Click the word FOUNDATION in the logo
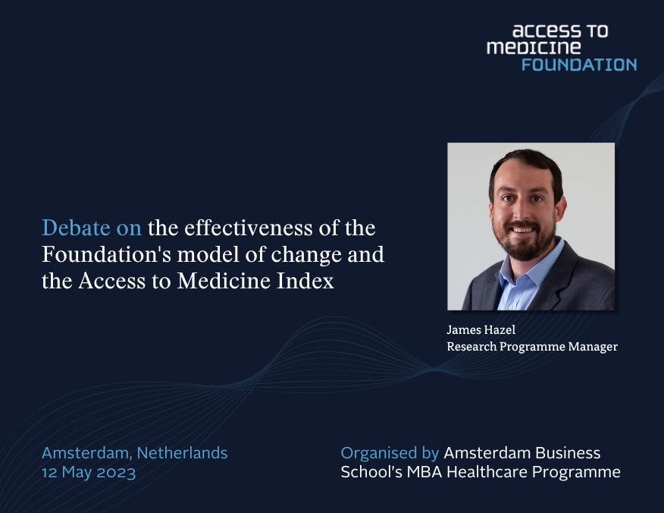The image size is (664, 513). pos(578,65)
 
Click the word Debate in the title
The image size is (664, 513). pos(69,228)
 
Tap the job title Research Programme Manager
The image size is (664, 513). pos(532,347)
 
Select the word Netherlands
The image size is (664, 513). pos(183,453)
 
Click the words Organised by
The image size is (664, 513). pos(390,453)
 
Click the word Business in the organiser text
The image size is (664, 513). pos(562,453)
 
